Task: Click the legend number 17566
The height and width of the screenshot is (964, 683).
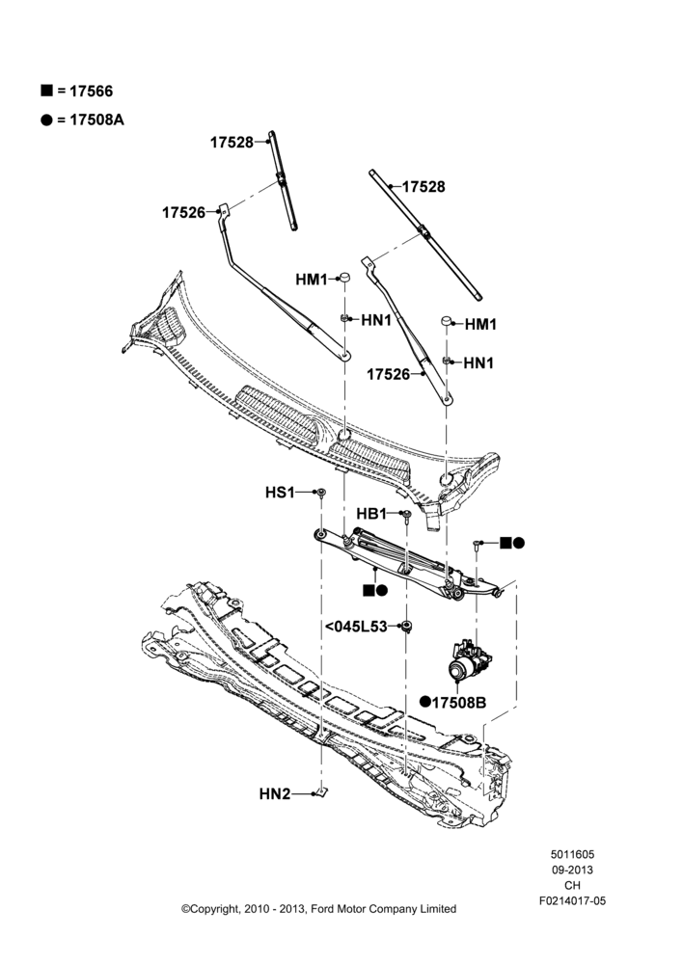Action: coord(91,91)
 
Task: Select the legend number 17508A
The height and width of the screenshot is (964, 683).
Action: coord(96,120)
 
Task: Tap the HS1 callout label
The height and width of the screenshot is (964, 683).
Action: coord(280,493)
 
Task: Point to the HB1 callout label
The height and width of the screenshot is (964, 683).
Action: coord(371,514)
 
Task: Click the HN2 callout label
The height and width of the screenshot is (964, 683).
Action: coord(274,793)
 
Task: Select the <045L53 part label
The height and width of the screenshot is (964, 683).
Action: coord(356,627)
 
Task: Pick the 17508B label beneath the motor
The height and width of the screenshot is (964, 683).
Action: coord(459,702)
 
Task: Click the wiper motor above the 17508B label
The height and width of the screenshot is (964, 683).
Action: coord(469,660)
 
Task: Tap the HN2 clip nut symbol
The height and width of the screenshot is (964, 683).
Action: coord(320,791)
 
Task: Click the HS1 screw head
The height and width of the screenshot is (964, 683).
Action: coord(320,493)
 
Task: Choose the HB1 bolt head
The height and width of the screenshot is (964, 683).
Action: coord(406,514)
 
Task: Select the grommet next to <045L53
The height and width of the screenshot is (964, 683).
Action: coord(406,627)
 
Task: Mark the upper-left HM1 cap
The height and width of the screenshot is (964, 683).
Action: coord(345,277)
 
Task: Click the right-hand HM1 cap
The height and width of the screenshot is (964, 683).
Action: coord(446,322)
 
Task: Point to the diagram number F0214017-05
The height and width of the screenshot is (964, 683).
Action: coord(573,900)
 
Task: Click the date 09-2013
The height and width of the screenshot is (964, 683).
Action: coord(573,870)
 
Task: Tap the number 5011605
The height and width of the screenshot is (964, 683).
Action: coord(573,854)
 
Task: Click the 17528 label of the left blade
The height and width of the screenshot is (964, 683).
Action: coord(232,142)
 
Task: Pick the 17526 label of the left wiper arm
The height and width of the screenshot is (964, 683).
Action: coord(184,213)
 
